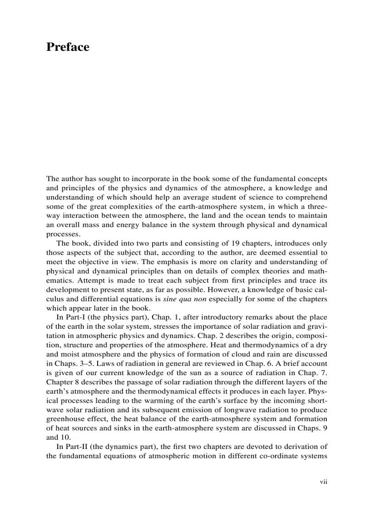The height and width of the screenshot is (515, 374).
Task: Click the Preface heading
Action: tap(67, 47)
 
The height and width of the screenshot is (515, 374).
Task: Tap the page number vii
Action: tap(323, 482)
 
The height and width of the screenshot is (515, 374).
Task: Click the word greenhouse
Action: tap(66, 419)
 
